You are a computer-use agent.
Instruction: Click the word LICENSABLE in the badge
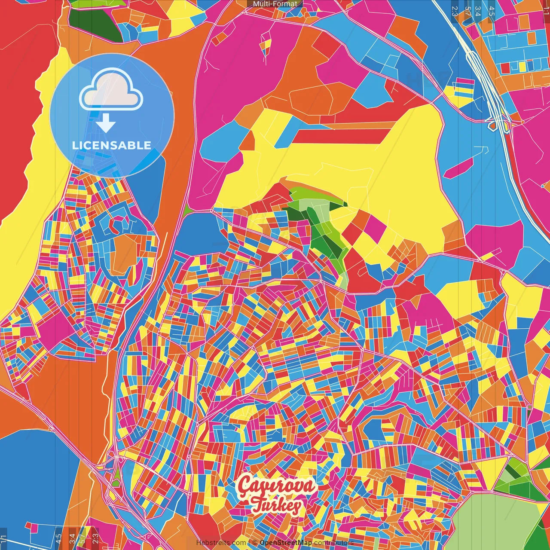[112, 145]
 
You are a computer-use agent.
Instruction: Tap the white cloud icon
[111, 89]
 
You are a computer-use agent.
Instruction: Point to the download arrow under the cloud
[106, 124]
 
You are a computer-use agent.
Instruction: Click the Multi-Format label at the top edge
[275, 4]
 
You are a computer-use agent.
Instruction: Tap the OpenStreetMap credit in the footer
[285, 543]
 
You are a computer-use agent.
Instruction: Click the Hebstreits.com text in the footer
[221, 543]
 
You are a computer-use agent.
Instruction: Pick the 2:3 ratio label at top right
[455, 11]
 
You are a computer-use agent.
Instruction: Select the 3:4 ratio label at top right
[477, 11]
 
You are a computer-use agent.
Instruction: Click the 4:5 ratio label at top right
[492, 11]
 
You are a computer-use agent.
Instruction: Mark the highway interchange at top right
[498, 122]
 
